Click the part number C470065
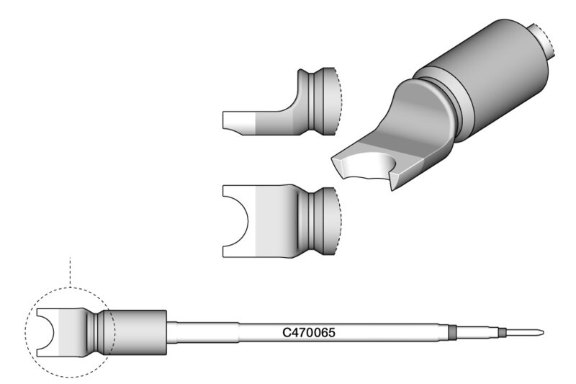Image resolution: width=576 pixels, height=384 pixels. click(x=309, y=333)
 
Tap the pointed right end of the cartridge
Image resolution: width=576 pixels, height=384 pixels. click(x=544, y=333)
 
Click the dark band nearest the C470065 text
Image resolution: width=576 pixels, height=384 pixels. click(x=452, y=333)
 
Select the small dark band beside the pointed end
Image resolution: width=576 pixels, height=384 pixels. click(x=502, y=333)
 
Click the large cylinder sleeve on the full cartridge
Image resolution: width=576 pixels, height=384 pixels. click(x=136, y=333)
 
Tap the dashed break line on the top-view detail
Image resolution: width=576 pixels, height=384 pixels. click(x=338, y=220)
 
